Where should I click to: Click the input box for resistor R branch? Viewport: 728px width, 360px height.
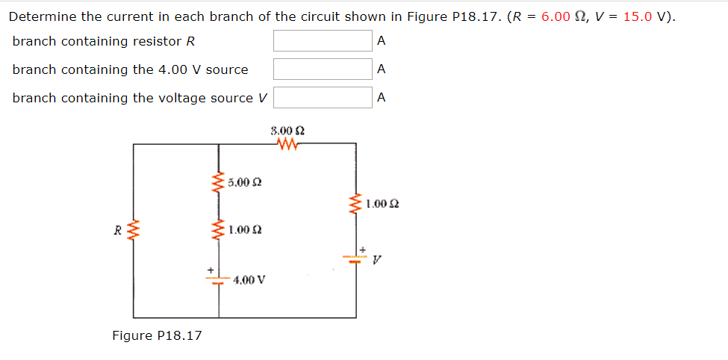click(x=322, y=41)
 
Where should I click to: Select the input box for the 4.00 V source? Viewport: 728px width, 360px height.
click(x=322, y=69)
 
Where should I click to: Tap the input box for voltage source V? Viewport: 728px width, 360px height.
click(x=322, y=98)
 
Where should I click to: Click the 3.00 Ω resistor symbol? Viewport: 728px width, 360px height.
click(x=287, y=143)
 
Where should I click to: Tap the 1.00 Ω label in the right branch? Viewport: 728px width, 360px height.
click(x=383, y=202)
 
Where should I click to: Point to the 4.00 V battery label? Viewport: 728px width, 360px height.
click(x=249, y=280)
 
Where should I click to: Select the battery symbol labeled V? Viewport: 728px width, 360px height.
click(x=355, y=258)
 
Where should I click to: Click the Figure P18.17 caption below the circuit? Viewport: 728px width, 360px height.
click(x=157, y=336)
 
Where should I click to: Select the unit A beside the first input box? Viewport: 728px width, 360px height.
click(x=382, y=41)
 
